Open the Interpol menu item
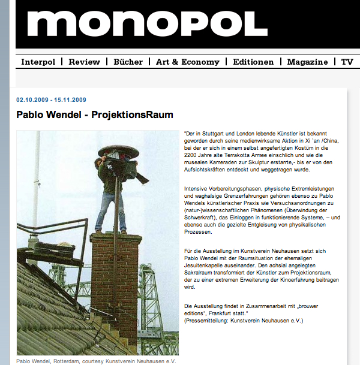click(42, 62)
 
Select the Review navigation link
click(84, 62)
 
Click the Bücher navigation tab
click(128, 62)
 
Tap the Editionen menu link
click(253, 62)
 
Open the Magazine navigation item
click(307, 62)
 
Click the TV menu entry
click(347, 62)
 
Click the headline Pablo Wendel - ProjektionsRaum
click(95, 114)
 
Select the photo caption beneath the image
click(96, 361)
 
